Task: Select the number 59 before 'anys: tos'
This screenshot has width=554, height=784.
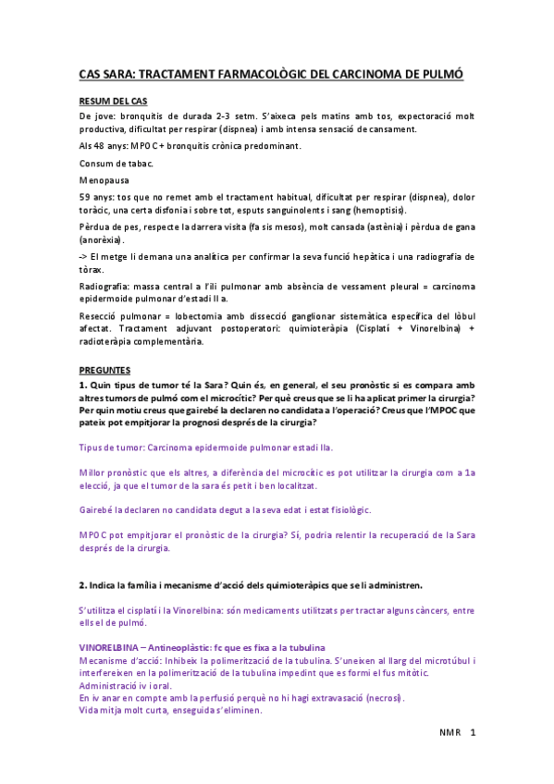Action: click(x=85, y=197)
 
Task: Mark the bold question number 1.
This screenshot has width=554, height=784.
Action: click(x=82, y=383)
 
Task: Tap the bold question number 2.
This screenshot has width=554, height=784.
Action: click(x=82, y=584)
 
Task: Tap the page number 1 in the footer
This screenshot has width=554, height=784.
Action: click(x=473, y=733)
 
